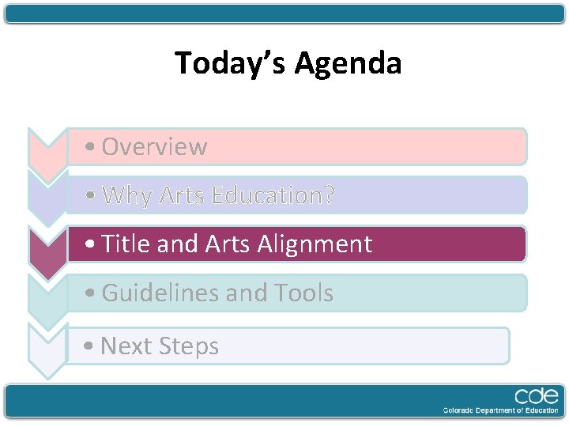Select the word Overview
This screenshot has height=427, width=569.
pyautogui.click(x=154, y=147)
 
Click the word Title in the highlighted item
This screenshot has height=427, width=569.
pyautogui.click(x=126, y=244)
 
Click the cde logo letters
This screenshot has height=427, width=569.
pyautogui.click(x=537, y=396)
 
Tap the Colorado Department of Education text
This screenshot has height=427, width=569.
pyautogui.click(x=501, y=410)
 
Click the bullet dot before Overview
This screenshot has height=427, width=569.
pyautogui.click(x=93, y=148)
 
